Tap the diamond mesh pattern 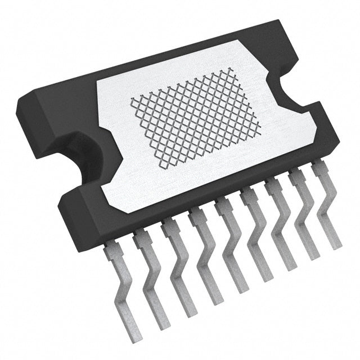(x=197, y=118)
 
